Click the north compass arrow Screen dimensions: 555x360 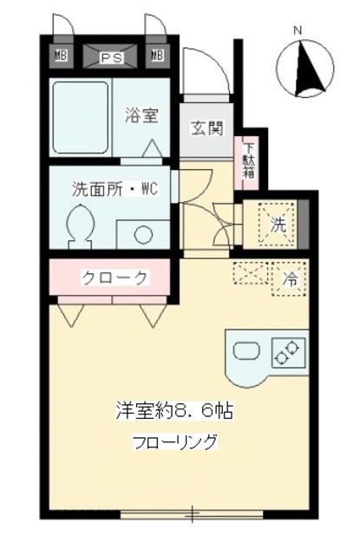point(305,70)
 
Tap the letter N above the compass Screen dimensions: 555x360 point(297,31)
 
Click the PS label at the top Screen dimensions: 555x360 point(109,58)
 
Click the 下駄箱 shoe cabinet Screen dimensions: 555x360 point(249,159)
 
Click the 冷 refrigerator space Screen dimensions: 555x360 point(290,279)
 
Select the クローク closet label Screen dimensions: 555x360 point(113,277)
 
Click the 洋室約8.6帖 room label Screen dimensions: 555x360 point(173,409)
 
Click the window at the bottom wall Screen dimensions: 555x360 point(192,515)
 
